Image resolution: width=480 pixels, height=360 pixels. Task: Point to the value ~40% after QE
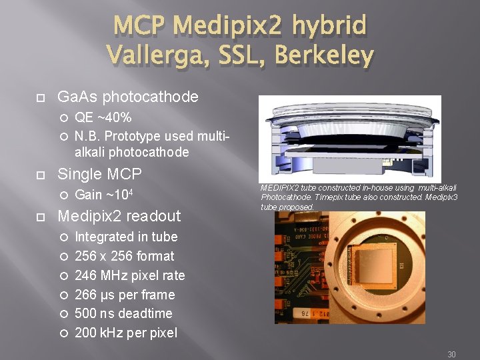click(113, 118)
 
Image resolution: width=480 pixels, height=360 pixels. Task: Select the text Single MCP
click(99, 174)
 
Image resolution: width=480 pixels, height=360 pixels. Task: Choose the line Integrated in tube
click(126, 237)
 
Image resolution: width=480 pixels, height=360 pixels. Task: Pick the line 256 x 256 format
click(124, 256)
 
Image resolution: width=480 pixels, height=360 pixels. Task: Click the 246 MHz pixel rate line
click(129, 275)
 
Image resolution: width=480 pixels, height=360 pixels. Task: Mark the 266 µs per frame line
click(125, 295)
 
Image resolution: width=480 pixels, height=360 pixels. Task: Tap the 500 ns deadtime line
click(123, 313)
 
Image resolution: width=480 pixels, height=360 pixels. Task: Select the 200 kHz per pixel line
click(126, 333)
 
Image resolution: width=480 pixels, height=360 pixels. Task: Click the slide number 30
click(451, 355)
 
